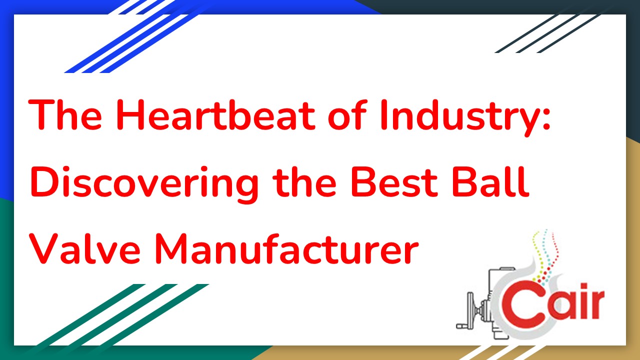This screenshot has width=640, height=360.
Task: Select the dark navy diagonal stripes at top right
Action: coord(550,32)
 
